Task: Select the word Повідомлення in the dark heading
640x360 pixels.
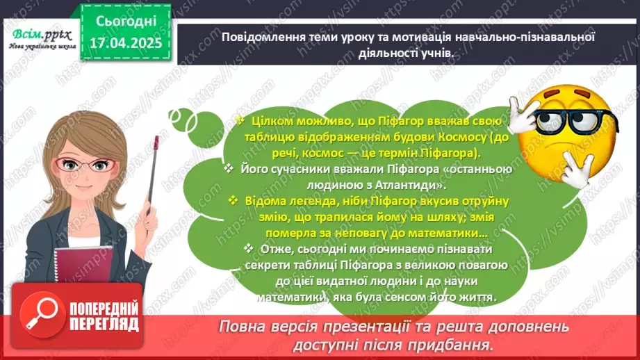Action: [x=257, y=37]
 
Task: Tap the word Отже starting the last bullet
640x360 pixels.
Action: [x=274, y=249]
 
